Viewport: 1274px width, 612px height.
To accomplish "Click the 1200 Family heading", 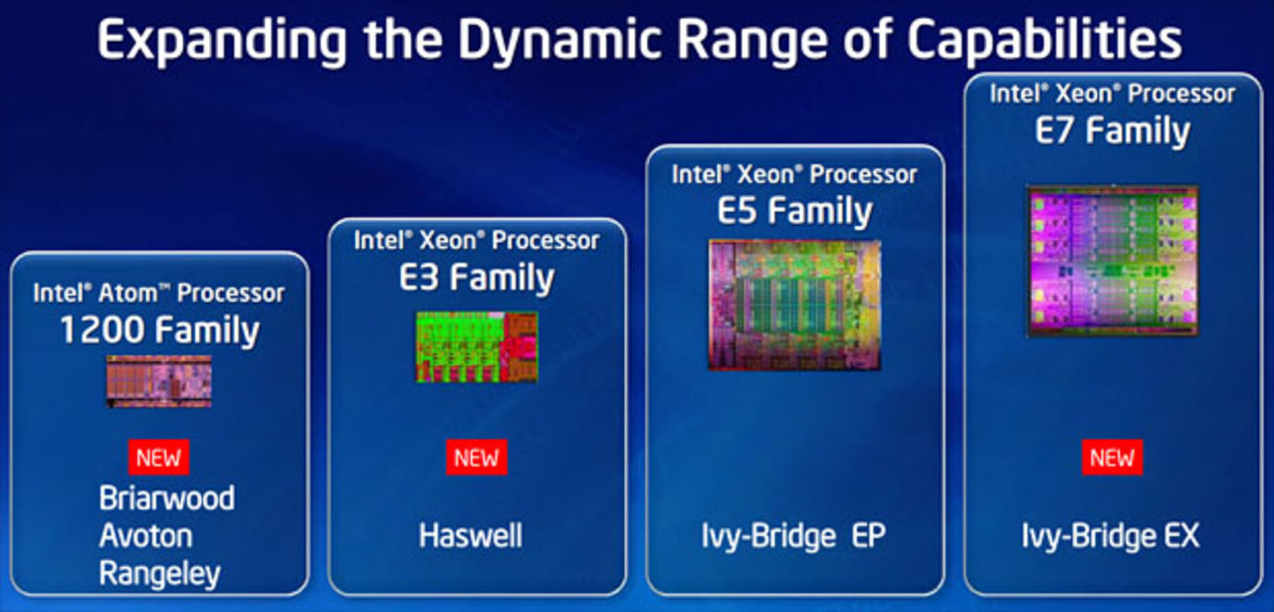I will tap(159, 330).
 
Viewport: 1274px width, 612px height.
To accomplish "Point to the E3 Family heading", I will tap(477, 279).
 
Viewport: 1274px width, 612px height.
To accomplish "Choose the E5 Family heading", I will tap(794, 211).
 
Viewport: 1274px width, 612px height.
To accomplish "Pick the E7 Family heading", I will tap(1112, 130).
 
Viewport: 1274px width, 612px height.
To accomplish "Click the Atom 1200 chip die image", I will tap(159, 381).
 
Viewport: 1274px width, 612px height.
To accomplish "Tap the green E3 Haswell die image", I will tap(477, 346).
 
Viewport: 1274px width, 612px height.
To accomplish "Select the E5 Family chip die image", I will tap(794, 305).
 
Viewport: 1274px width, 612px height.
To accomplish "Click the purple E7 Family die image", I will tap(1112, 260).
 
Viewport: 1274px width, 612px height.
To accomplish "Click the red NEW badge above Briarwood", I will tap(159, 458).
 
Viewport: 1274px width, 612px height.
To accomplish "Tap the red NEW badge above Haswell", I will tap(477, 458).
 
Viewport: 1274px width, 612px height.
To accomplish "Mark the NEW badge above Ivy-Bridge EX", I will tap(1112, 458).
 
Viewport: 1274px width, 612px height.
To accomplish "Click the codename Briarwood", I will tap(167, 499).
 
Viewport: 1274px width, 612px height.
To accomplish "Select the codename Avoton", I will tap(145, 536).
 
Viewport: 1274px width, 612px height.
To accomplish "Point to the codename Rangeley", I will tap(159, 574).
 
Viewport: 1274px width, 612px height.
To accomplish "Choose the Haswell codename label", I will tap(471, 536).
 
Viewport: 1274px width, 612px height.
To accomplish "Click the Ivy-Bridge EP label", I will tap(793, 536).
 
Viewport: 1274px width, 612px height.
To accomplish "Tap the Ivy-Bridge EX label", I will tap(1111, 536).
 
